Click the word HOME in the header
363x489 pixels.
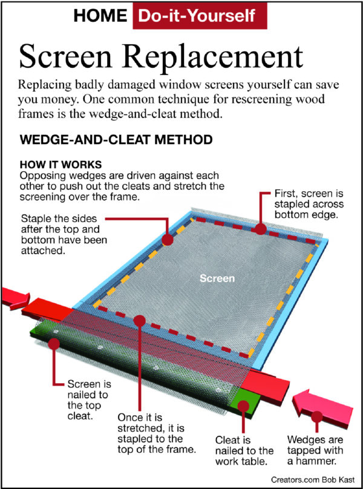click(x=100, y=16)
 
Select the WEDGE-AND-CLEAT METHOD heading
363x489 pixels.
click(x=116, y=140)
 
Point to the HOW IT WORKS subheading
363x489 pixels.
click(x=59, y=165)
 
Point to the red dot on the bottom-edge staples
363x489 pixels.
click(x=260, y=229)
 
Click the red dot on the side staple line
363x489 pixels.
click(x=167, y=239)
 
